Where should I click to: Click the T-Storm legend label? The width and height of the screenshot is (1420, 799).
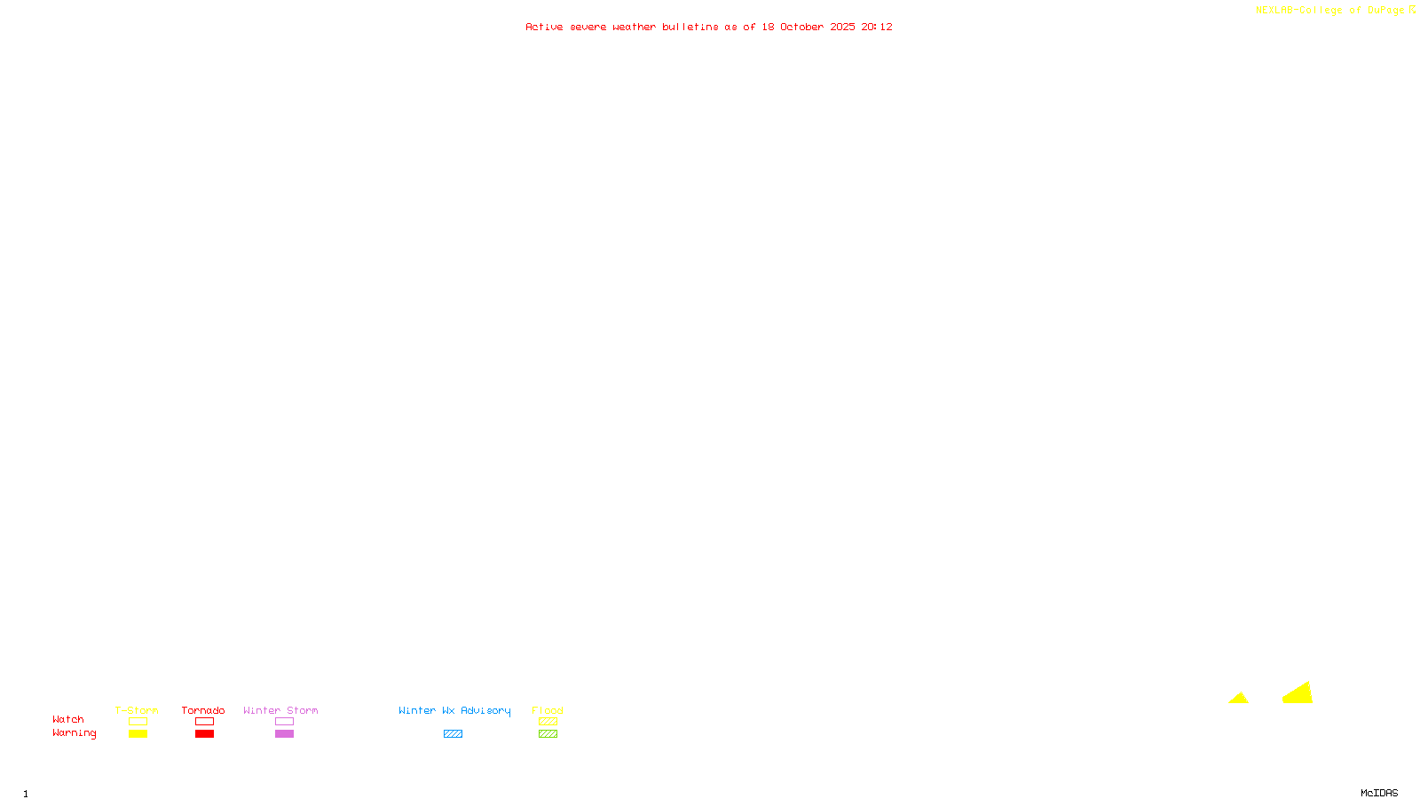tap(137, 710)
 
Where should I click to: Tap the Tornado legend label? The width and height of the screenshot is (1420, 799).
tap(203, 710)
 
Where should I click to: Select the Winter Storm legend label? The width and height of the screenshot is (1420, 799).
tap(280, 710)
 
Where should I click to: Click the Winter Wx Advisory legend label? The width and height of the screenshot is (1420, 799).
tap(454, 710)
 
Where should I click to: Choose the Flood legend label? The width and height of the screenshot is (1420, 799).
tap(548, 710)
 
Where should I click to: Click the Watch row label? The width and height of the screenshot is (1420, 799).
tap(68, 719)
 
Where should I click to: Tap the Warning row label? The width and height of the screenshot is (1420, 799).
tap(75, 733)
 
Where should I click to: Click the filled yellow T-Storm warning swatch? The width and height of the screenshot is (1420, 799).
tap(138, 734)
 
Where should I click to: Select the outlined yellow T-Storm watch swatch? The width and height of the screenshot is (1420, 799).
tap(138, 722)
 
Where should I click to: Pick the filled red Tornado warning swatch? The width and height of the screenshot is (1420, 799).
tap(205, 734)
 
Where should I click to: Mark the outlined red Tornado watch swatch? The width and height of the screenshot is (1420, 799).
tap(205, 722)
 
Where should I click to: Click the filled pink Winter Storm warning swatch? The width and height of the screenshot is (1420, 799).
tap(284, 734)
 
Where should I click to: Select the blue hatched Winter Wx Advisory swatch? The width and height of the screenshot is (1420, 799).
tap(453, 734)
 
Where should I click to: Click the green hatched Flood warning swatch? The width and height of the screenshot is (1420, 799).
tap(548, 734)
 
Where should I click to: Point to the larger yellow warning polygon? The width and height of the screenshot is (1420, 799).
tap(1299, 695)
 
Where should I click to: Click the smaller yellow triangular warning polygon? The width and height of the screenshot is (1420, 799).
tap(1239, 700)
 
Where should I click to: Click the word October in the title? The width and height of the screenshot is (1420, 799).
tap(801, 27)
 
